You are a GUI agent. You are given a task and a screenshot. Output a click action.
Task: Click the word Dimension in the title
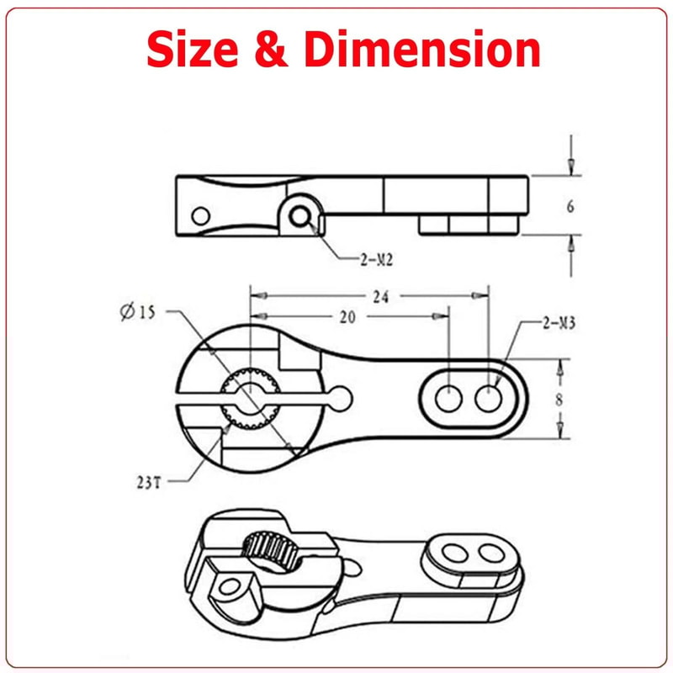(422, 50)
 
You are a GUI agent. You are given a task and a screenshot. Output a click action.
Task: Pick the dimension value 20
(348, 317)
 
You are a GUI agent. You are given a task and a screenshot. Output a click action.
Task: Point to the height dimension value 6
(570, 206)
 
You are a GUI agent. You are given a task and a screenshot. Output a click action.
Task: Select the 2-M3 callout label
(557, 323)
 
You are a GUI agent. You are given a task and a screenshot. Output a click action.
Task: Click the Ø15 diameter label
(138, 313)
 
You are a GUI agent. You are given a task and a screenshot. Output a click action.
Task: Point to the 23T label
(148, 483)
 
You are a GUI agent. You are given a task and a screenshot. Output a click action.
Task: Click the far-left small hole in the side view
(200, 215)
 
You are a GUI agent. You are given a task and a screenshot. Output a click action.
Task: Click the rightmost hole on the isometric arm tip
(488, 552)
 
